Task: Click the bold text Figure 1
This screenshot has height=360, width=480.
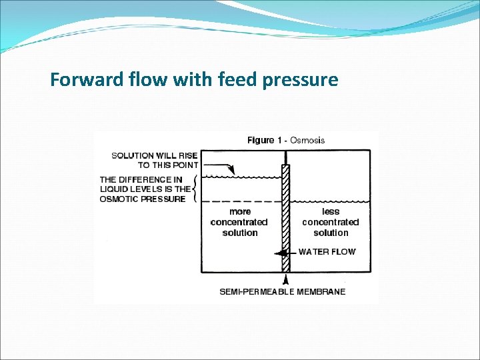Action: [x=261, y=140]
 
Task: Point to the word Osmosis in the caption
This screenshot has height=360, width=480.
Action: [x=307, y=140]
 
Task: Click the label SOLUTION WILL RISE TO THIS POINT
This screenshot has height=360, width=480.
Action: [x=155, y=160]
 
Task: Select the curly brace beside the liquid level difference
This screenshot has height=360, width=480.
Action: [x=194, y=189]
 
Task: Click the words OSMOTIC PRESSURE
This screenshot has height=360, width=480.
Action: [x=143, y=199]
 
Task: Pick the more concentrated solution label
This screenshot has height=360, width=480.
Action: [x=239, y=222]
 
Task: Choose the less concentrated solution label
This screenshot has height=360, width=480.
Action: [x=331, y=222]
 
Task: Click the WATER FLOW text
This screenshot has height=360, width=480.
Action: [x=327, y=252]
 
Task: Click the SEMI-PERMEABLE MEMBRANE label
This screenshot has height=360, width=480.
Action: [x=283, y=291]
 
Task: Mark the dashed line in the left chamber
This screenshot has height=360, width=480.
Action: [x=240, y=201]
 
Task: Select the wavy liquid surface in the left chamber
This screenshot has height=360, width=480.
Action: [x=240, y=177]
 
